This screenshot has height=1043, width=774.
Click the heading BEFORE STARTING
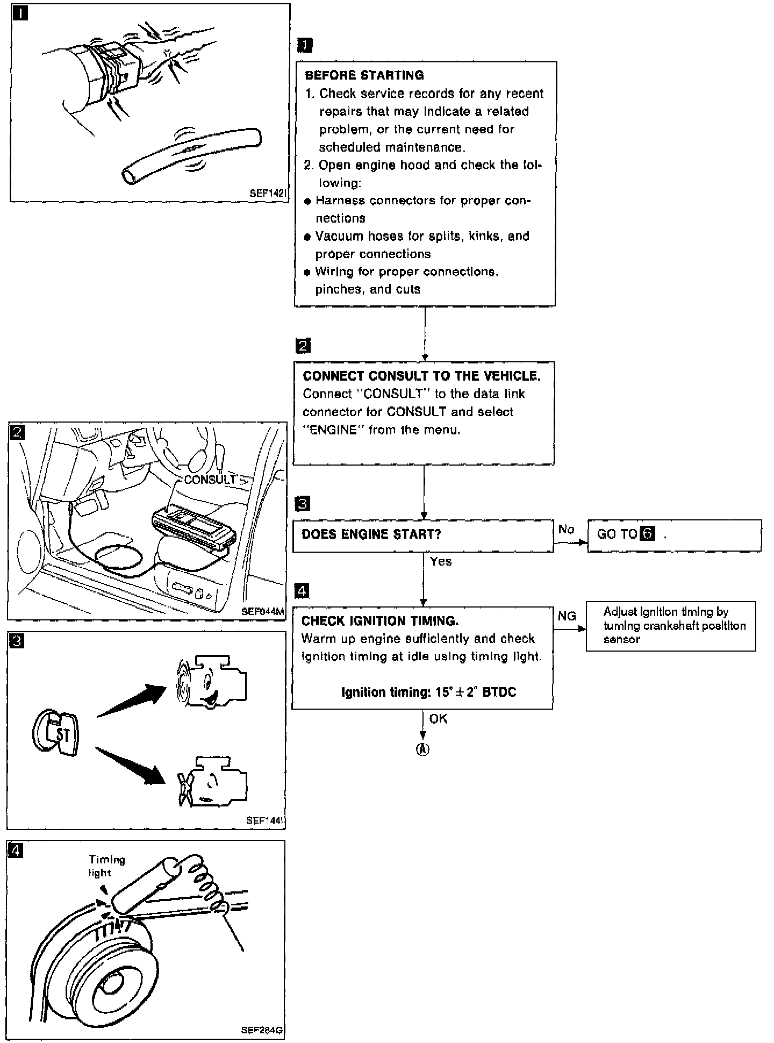click(364, 75)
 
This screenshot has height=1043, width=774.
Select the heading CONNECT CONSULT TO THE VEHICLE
click(421, 376)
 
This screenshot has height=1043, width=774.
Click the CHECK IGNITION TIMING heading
click(379, 621)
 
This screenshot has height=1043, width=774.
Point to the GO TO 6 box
click(674, 535)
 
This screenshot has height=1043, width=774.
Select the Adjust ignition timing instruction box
click(670, 626)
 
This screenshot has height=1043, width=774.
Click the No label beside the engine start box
click(566, 530)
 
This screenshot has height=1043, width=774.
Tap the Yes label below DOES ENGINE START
click(441, 562)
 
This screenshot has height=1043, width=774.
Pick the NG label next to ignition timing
click(567, 616)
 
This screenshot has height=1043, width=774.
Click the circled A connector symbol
click(423, 751)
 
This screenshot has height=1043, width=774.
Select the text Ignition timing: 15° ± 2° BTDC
click(428, 692)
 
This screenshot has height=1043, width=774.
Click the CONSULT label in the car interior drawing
click(210, 480)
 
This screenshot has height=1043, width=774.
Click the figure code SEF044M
click(262, 611)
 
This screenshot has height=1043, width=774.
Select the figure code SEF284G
click(261, 1031)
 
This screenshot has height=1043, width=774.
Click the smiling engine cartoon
click(211, 681)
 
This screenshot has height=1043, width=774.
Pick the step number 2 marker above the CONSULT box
click(303, 346)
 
